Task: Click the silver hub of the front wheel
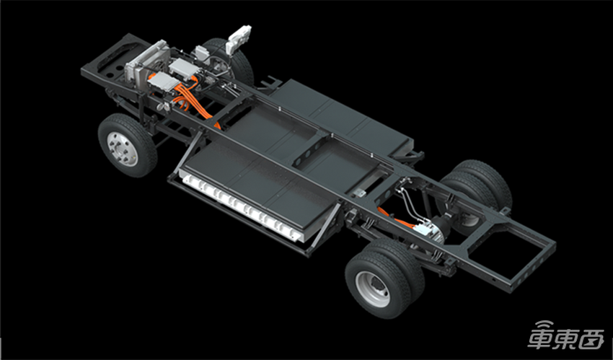[123, 149]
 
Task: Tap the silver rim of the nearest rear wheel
[373, 289]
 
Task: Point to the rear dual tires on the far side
[479, 188]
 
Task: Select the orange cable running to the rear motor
[395, 218]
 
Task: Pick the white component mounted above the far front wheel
[238, 38]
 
